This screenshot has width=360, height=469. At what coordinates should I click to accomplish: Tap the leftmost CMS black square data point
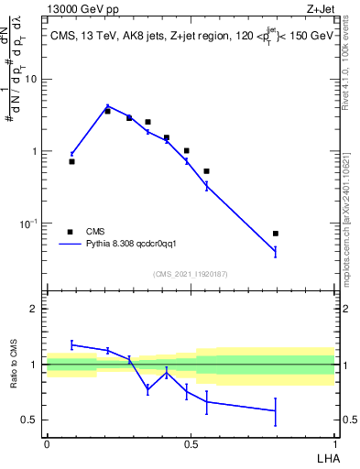coord(71,161)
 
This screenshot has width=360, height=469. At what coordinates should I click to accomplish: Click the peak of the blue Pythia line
coord(107,106)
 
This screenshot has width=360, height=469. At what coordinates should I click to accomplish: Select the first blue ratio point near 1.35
coord(71,344)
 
